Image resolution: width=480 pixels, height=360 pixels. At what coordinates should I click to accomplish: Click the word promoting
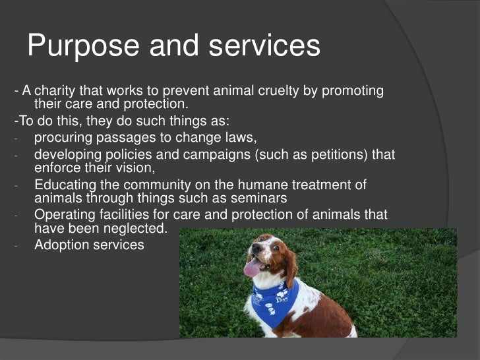pos(351,91)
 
